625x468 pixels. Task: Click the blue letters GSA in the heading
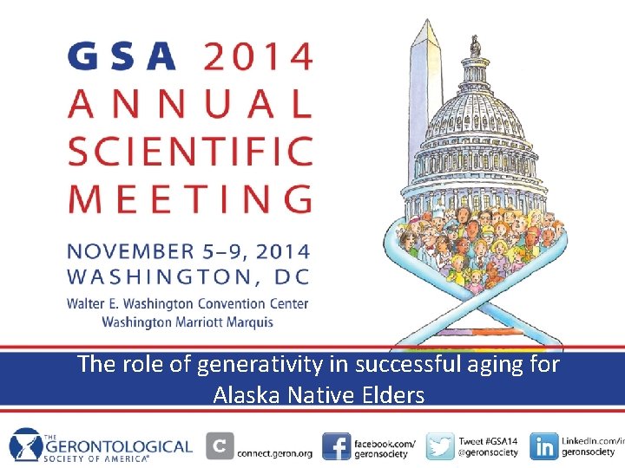pyautogui.click(x=122, y=56)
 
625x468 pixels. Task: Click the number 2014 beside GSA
pyautogui.click(x=257, y=56)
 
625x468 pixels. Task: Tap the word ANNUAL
pyautogui.click(x=189, y=104)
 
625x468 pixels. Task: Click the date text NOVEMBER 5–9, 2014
pyautogui.click(x=189, y=252)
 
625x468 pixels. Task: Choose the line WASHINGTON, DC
pyautogui.click(x=189, y=277)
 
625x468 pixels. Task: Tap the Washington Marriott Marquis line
pyautogui.click(x=187, y=322)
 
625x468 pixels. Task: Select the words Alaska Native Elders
pyautogui.click(x=319, y=396)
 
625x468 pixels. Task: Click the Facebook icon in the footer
pyautogui.click(x=336, y=446)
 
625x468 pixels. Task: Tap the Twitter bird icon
pyautogui.click(x=440, y=446)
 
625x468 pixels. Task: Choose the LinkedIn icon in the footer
pyautogui.click(x=544, y=446)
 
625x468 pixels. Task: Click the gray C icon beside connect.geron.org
pyautogui.click(x=220, y=446)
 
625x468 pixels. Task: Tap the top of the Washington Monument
pyautogui.click(x=426, y=26)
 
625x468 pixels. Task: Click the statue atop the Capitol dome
pyautogui.click(x=475, y=45)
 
